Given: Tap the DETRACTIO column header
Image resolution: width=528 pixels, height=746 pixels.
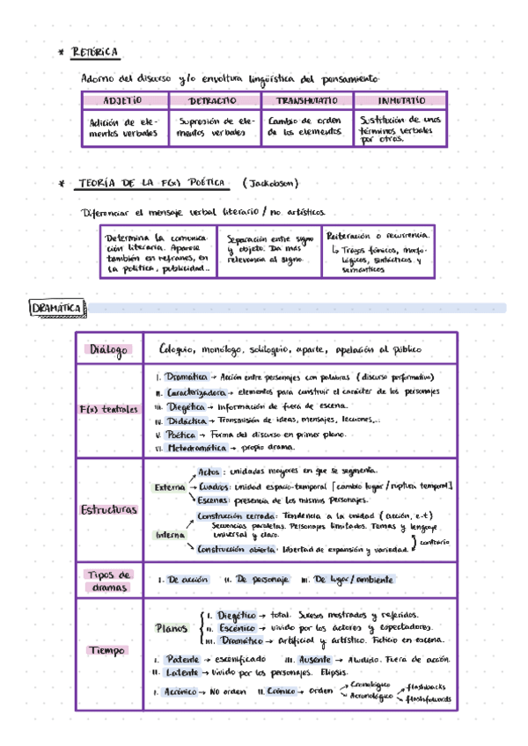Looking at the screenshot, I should (212, 101).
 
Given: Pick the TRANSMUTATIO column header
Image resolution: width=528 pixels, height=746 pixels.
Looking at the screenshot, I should (307, 101).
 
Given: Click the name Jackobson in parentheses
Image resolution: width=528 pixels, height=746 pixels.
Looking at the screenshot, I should (270, 183).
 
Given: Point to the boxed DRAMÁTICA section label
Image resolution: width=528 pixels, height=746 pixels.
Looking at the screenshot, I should (57, 308).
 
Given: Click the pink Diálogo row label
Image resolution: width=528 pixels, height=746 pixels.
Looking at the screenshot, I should (108, 350).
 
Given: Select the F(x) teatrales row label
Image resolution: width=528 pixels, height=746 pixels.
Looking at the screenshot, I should (108, 410).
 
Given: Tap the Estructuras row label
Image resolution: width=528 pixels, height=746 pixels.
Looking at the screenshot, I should (108, 509).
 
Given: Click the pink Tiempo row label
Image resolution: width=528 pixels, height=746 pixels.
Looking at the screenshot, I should (108, 650).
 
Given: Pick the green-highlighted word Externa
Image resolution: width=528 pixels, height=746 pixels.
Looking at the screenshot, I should (169, 486).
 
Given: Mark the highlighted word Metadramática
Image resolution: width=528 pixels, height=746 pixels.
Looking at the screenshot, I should (199, 448).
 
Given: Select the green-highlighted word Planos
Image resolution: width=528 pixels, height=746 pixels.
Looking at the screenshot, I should (171, 628).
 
